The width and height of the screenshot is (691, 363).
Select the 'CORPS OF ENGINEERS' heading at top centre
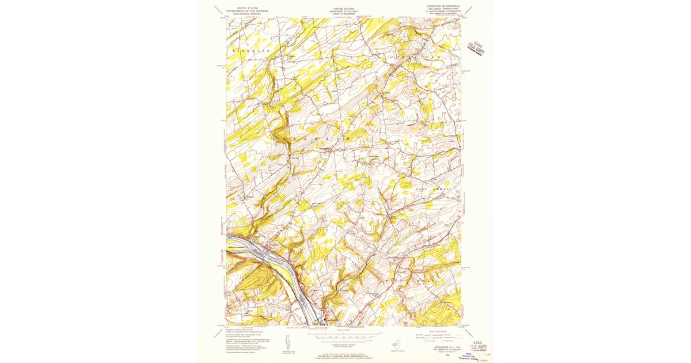(x=344, y=14)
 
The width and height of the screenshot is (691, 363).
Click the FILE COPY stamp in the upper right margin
(x=476, y=44)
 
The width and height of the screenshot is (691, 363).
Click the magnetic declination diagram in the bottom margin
(x=287, y=341)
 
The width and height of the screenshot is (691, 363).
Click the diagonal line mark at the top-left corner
(x=218, y=9)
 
